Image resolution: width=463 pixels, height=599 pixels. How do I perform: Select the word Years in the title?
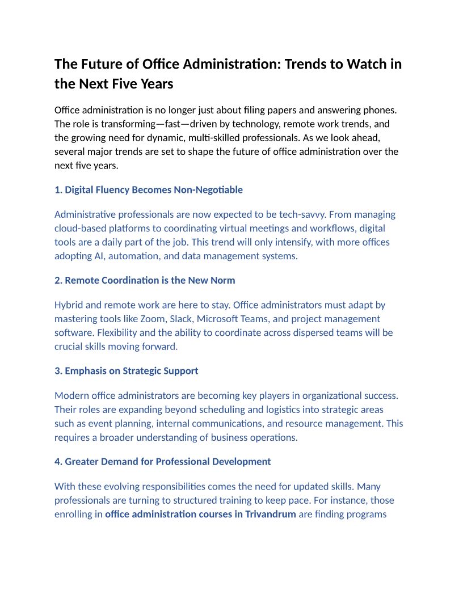coord(155,84)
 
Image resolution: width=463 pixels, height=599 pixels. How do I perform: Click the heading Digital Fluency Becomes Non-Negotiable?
coord(149,189)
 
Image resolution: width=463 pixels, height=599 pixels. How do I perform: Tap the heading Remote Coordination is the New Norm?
coord(145,280)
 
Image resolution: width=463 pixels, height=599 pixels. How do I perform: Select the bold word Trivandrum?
coord(271,514)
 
